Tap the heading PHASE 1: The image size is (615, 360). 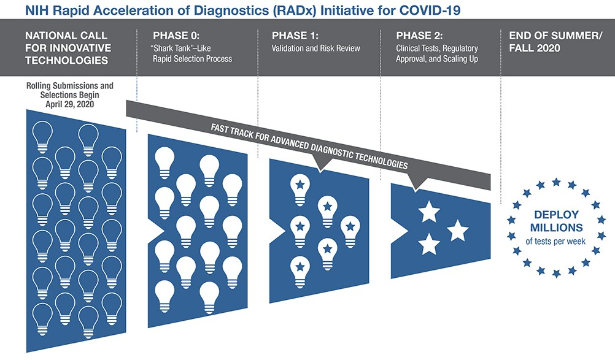pos(292,36)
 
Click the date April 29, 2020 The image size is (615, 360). pos(70,104)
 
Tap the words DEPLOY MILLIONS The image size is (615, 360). pos(556,221)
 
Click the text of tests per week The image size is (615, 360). pos(556,241)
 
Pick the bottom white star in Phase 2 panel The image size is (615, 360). pos(428,245)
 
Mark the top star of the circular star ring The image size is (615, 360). pos(556,182)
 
